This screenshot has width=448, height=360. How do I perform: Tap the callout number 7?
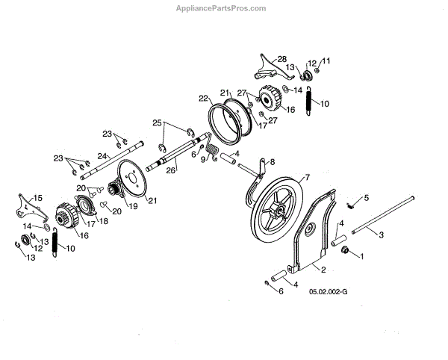click(x=305, y=178)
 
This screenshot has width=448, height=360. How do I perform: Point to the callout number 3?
click(x=382, y=235)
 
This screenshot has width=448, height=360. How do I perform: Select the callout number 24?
click(x=100, y=156)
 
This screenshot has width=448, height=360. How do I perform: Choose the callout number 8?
click(x=272, y=161)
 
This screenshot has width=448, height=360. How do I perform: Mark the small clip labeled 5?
click(x=349, y=203)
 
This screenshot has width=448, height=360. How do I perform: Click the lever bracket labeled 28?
click(x=266, y=70)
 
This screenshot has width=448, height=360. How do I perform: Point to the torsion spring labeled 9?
click(x=212, y=153)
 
